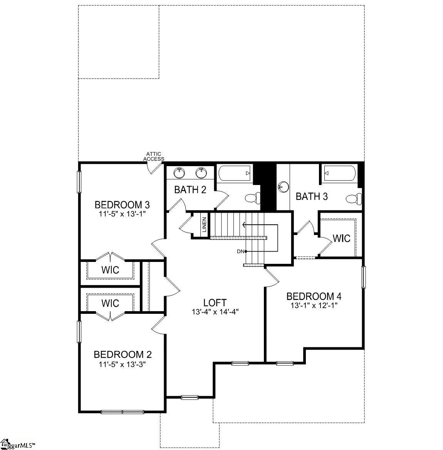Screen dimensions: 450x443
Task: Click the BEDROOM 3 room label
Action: click(x=122, y=205)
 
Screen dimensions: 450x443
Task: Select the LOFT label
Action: click(x=215, y=303)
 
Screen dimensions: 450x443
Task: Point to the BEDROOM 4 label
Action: click(x=314, y=296)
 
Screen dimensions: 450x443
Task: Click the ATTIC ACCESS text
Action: click(x=154, y=157)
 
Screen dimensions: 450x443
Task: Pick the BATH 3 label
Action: click(x=312, y=197)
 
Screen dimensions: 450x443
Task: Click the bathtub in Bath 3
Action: click(x=339, y=173)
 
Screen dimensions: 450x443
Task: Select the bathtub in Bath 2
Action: click(x=235, y=173)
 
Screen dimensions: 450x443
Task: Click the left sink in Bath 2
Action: click(x=179, y=173)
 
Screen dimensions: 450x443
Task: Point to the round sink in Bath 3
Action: click(x=283, y=187)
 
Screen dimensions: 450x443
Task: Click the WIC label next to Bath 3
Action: click(x=342, y=238)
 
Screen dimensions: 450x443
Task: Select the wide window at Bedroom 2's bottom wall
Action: click(x=122, y=412)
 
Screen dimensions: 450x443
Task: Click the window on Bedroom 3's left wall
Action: click(x=79, y=182)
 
